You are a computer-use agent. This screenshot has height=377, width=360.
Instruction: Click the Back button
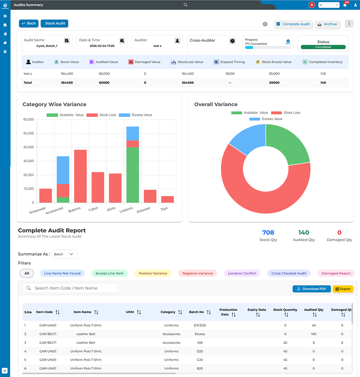[29, 23]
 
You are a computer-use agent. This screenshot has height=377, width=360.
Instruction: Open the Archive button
[327, 24]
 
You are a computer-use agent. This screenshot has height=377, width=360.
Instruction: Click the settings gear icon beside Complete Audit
[265, 24]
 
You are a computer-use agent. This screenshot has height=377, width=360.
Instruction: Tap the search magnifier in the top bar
[185, 5]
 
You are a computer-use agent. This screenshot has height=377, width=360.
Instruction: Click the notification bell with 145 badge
[345, 5]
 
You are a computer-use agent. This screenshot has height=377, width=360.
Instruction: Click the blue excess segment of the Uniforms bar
[133, 134]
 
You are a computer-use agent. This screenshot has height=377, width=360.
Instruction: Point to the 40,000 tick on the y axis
[29, 147]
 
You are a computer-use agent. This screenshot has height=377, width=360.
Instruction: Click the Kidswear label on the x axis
[143, 210]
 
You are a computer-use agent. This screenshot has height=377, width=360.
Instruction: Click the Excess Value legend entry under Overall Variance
[265, 119]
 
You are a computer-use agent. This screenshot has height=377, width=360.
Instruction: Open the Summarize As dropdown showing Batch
[65, 254]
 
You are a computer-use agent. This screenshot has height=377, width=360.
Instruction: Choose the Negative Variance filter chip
[197, 274]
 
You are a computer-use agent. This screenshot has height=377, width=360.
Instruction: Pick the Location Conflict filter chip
[242, 274]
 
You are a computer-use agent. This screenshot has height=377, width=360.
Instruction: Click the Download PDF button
[311, 289]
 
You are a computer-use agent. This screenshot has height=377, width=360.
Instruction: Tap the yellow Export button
[343, 289]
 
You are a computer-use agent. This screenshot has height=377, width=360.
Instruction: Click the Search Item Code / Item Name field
[70, 288]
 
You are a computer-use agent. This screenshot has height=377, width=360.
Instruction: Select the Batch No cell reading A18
[200, 343]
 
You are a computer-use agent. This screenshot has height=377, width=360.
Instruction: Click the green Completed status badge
[323, 47]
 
